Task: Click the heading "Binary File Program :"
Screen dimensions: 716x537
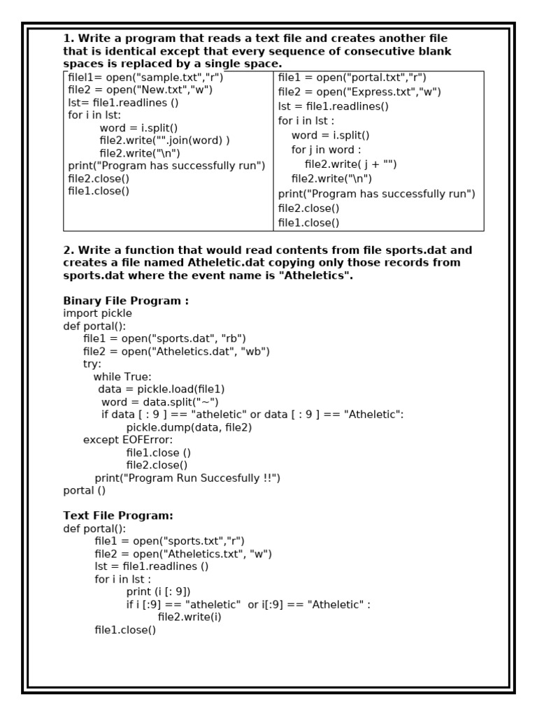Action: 126,301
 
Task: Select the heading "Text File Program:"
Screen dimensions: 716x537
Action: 118,515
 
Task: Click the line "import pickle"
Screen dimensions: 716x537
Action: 97,313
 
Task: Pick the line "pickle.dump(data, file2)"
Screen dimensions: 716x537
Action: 189,427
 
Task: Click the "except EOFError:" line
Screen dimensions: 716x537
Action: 127,440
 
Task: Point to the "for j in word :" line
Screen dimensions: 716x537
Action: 327,150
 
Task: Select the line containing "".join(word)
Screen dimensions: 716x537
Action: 164,141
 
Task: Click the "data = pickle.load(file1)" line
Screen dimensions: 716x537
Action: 161,389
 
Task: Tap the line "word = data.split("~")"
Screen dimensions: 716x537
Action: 159,402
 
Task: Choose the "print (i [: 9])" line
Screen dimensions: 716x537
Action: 158,592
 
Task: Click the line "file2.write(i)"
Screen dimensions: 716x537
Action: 190,617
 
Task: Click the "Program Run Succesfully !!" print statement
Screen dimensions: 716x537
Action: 187,478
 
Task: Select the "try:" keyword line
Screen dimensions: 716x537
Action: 92,364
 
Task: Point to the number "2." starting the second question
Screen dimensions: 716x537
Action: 69,250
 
